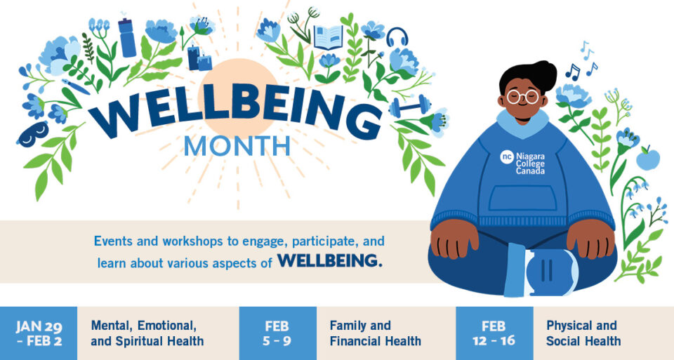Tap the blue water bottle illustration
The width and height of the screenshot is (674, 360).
click(127, 38)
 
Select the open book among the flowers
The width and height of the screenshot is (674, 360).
click(327, 37)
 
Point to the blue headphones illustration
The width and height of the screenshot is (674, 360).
click(397, 37)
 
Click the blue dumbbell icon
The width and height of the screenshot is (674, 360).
click(409, 106)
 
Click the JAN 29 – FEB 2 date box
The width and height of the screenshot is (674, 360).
click(38, 333)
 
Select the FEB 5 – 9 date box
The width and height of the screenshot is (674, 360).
click(277, 333)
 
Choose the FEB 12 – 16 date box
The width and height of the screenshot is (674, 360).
click(494, 333)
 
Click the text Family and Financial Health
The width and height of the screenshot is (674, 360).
click(375, 333)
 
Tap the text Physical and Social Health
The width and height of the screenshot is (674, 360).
click(583, 333)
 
